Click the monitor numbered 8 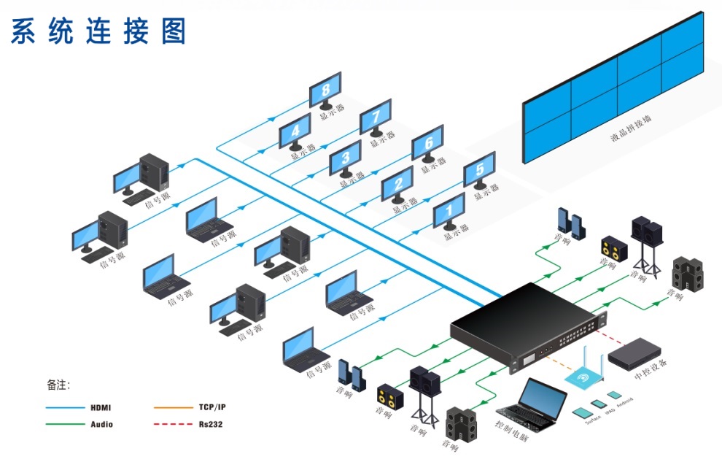pos(325,91)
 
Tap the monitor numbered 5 pos(479,170)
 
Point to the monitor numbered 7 pos(376,118)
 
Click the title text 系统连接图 pos(98,31)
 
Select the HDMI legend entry pos(101,407)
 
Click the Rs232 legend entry pos(210,424)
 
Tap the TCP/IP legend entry pos(216,407)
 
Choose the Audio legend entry pos(101,424)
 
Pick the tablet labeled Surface pos(583,413)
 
